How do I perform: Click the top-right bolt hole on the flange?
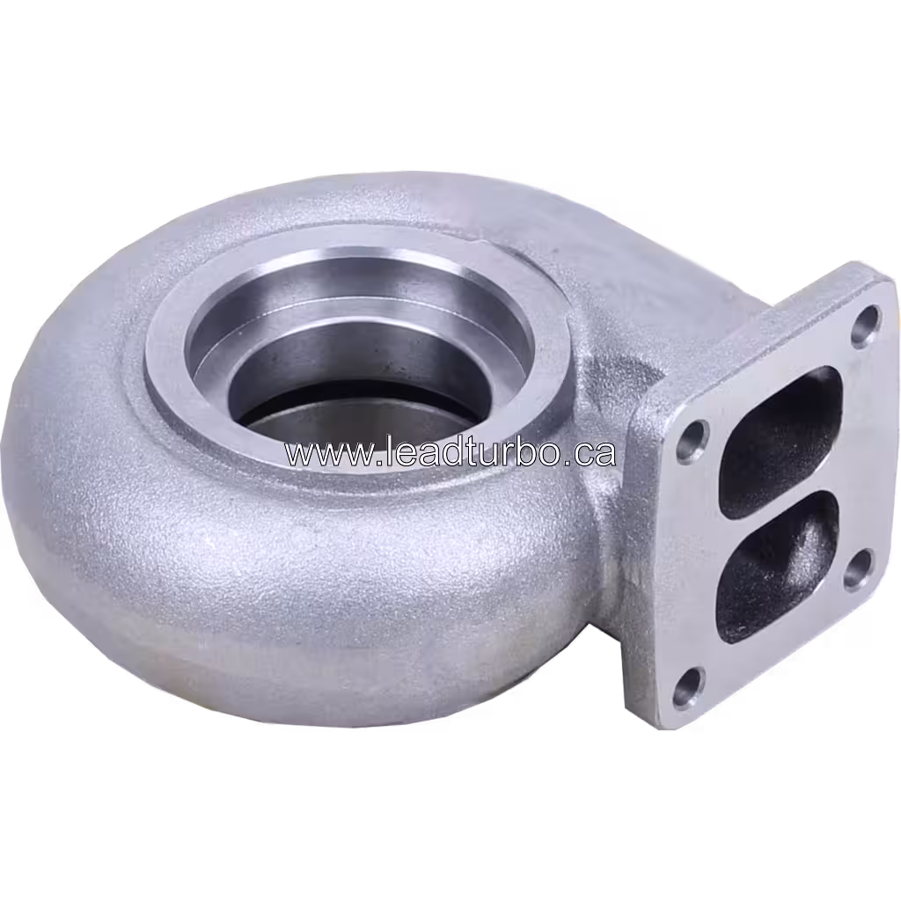[868, 322]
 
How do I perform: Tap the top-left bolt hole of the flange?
[692, 438]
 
